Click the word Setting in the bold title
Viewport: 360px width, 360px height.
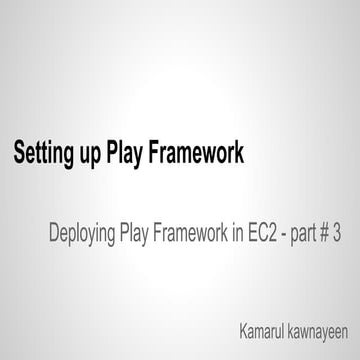click(x=43, y=154)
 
